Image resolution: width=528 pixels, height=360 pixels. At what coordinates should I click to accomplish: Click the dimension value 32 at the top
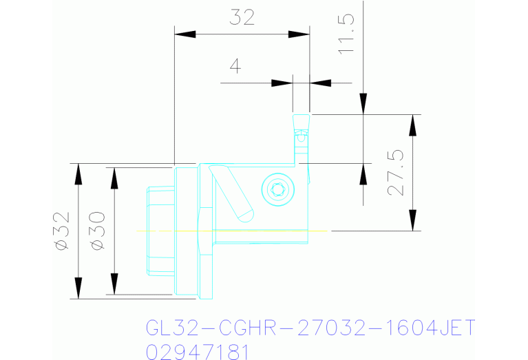(242, 17)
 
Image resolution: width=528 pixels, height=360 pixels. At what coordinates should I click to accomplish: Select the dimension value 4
(235, 67)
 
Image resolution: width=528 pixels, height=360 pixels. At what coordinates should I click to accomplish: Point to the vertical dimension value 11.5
(346, 33)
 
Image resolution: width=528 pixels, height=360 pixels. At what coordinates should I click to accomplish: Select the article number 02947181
(197, 351)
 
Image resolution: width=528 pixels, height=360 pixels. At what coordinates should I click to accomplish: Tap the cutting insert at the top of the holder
(301, 127)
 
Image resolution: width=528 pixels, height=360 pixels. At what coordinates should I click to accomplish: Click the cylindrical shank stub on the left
(162, 231)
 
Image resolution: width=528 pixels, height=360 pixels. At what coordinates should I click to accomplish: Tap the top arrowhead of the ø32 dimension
(78, 173)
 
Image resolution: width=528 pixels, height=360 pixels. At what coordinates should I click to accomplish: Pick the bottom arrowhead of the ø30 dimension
(114, 283)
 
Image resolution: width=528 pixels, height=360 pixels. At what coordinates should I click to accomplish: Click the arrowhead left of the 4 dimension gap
(282, 83)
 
